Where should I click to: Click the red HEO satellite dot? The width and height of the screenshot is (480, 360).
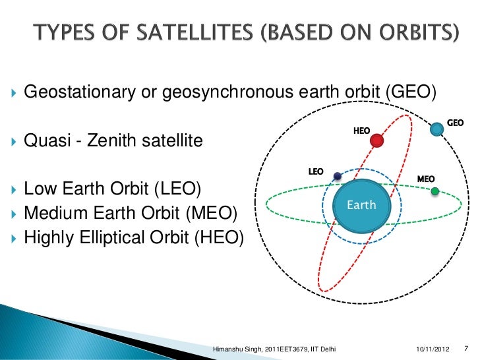coord(377,140)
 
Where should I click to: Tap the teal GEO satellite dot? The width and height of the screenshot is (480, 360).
coord(437,129)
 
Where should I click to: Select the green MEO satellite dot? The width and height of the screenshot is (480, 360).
coord(435,191)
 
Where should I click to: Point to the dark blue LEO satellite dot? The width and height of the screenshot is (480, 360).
coord(338,176)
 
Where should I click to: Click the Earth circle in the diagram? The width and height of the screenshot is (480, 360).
coord(361,206)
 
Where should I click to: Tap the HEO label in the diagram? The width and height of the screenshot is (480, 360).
coord(361,131)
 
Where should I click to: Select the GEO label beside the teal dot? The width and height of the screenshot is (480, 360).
coord(455,123)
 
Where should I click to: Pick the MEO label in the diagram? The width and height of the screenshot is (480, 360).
coord(426,179)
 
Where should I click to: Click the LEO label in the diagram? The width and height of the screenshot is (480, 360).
coord(316,171)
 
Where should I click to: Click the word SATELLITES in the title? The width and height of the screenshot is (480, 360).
coord(195,32)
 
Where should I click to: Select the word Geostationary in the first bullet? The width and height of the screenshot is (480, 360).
coord(80,92)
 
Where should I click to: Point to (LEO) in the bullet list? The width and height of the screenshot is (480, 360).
coord(177,189)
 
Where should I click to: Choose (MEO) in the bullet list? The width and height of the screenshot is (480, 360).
coord(212,213)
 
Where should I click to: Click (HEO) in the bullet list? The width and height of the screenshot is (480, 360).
coord(219,237)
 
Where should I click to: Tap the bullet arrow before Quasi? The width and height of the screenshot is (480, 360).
coord(14,141)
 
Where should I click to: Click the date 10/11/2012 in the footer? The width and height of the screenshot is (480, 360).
coord(433,349)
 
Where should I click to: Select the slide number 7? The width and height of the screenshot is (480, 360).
coord(466,348)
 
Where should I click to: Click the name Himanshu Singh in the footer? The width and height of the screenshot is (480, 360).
coord(237,349)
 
